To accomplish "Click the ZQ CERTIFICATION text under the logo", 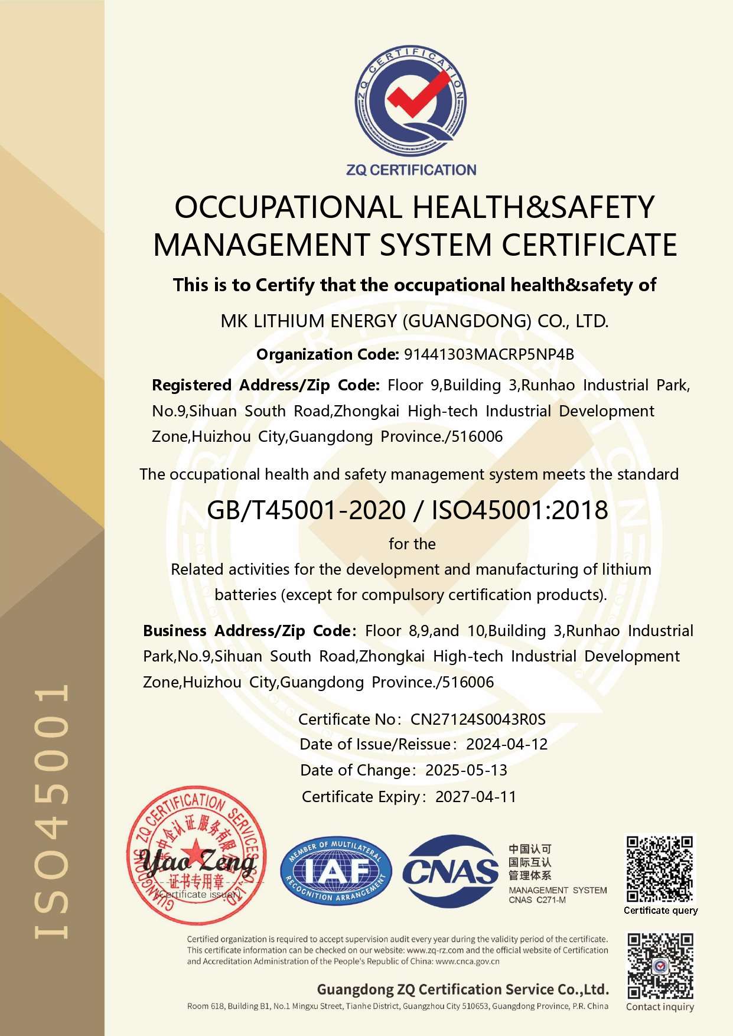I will click(411, 170).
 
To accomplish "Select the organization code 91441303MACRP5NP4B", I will click(488, 354).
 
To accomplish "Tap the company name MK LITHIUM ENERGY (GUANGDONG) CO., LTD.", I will click(414, 321).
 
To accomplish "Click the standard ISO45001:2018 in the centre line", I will click(520, 510).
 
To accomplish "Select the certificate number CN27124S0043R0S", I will click(478, 719).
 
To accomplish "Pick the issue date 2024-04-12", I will click(507, 744).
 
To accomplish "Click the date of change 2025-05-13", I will click(466, 770).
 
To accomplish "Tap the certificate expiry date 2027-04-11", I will click(475, 797).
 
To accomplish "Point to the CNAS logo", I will click(450, 871).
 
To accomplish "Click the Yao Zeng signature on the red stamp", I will click(198, 864).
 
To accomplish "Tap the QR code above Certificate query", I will click(660, 869).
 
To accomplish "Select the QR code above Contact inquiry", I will click(660, 966).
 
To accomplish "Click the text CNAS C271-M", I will click(537, 900).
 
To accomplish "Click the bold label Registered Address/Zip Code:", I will click(265, 385).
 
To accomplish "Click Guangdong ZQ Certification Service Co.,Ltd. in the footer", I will click(462, 989).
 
